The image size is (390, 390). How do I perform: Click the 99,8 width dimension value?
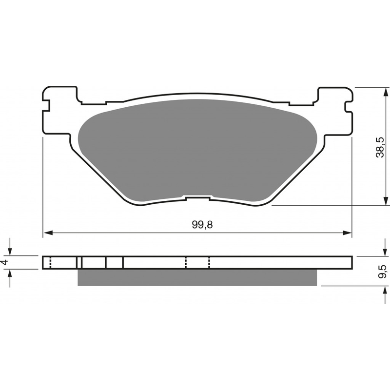(x=202, y=225)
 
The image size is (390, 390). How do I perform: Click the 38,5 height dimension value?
(x=380, y=147)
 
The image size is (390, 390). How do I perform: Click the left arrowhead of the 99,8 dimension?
(x=48, y=233)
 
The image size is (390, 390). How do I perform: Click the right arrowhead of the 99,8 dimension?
(x=347, y=233)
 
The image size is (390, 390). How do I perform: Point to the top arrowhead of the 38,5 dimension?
(x=386, y=92)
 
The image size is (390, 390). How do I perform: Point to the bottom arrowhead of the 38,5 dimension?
(x=386, y=201)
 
